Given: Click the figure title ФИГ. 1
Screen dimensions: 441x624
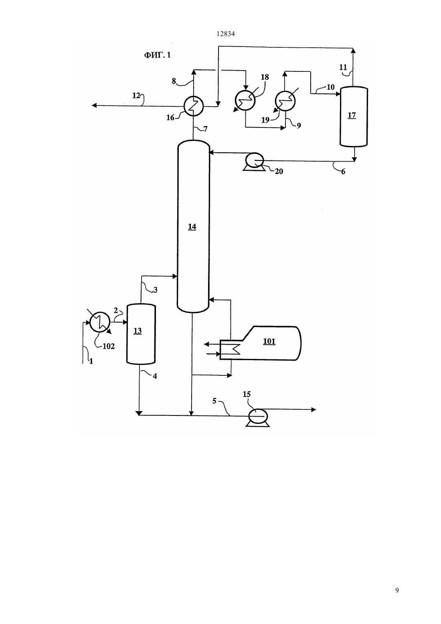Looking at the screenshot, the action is click(157, 55).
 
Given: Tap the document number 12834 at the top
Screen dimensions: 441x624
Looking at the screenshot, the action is click(225, 34).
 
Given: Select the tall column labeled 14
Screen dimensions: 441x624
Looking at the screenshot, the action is click(193, 226).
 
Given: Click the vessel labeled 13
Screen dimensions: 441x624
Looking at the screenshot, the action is click(141, 334).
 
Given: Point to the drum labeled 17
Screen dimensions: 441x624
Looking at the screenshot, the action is click(354, 116).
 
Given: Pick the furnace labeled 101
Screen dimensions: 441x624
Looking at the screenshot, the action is click(260, 343).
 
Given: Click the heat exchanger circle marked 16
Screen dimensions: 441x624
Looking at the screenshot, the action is click(194, 106).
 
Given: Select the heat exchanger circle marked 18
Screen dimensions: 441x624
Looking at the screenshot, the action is click(245, 100).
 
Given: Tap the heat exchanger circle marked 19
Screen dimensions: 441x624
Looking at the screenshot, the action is click(285, 101).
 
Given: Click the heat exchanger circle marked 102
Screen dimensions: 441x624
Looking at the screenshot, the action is click(100, 322).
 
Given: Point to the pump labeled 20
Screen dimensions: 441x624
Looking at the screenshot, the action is click(254, 162).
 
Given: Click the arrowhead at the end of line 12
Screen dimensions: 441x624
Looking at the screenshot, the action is click(94, 105).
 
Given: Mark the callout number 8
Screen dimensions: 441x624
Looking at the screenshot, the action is click(174, 81).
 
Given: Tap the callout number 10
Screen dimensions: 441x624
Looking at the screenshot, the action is click(330, 87).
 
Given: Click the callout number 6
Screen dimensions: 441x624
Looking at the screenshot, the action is click(343, 172).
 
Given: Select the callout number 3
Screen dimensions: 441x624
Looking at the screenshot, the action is click(156, 290).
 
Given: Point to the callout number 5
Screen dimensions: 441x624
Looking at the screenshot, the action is click(214, 401).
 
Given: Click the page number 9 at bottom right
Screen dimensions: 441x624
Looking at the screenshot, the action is click(397, 590).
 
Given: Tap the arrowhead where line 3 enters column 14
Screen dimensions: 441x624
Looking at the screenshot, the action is click(175, 276).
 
